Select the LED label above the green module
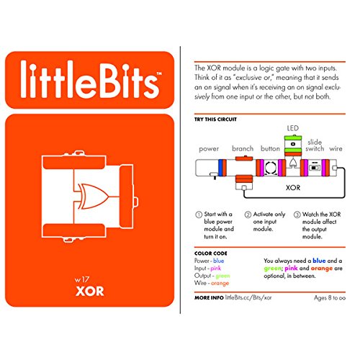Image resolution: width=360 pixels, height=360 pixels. (x=292, y=127)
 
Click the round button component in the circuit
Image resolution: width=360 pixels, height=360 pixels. (x=271, y=164)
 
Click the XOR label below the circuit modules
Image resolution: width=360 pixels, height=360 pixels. (x=292, y=187)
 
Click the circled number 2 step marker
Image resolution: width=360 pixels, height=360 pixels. (x=248, y=215)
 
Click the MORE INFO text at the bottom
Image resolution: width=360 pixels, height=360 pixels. (x=209, y=297)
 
